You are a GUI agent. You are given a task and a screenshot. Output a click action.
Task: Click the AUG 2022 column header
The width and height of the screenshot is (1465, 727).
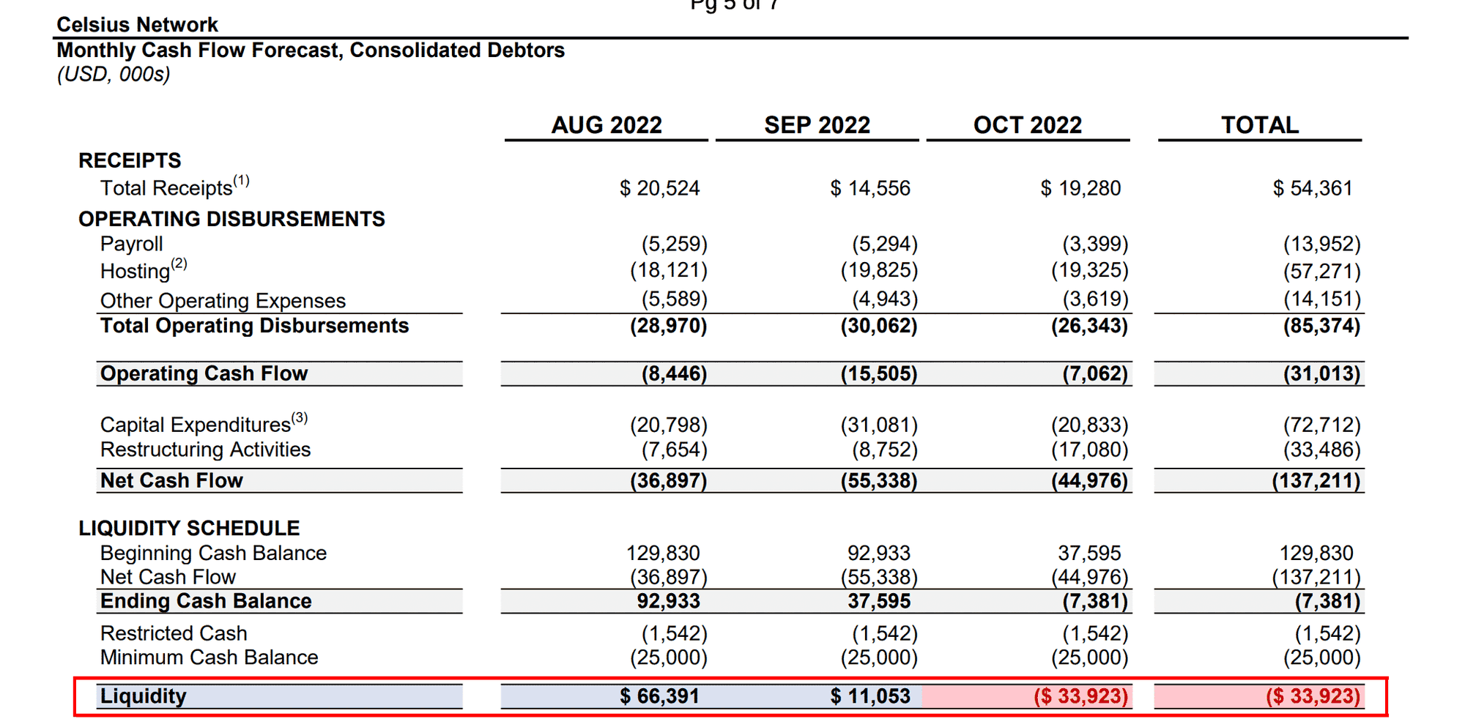click(x=607, y=125)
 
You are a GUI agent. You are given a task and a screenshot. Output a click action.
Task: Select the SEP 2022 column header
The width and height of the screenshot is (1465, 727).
click(x=817, y=125)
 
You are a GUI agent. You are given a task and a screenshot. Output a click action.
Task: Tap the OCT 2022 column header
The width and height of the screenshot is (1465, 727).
click(x=1027, y=125)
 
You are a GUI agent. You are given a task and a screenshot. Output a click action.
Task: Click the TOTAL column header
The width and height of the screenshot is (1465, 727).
click(x=1259, y=125)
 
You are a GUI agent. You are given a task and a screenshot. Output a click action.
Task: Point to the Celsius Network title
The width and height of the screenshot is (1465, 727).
click(x=138, y=25)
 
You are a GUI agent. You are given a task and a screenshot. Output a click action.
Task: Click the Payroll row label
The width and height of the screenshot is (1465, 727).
click(x=132, y=244)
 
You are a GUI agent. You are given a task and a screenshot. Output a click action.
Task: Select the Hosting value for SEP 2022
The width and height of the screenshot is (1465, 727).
click(x=879, y=271)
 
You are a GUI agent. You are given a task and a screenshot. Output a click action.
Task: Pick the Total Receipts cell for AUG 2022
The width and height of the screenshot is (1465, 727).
click(x=659, y=188)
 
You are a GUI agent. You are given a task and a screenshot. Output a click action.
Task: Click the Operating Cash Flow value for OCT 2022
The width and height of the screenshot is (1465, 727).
click(x=1094, y=374)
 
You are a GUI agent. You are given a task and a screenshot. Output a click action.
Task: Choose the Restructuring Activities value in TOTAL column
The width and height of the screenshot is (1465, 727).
click(x=1321, y=450)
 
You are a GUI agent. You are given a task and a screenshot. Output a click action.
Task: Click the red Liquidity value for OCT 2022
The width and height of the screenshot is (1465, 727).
click(x=1080, y=696)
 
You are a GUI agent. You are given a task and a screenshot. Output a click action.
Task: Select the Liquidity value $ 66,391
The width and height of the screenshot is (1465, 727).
click(x=659, y=696)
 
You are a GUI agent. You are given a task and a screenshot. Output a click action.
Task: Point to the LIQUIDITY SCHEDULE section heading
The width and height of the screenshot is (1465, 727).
click(x=189, y=529)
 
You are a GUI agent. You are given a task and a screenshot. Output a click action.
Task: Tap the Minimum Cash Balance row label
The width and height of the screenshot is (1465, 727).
click(x=209, y=657)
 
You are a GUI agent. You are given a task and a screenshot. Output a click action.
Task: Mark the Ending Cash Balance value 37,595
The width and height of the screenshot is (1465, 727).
click(x=879, y=601)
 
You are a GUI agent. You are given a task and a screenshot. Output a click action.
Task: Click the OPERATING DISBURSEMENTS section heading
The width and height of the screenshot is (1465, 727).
click(x=231, y=219)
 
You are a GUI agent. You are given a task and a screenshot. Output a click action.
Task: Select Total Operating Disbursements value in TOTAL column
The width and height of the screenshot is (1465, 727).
click(x=1321, y=326)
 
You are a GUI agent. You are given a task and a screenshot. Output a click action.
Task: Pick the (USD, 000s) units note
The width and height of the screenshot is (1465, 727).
click(x=114, y=75)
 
